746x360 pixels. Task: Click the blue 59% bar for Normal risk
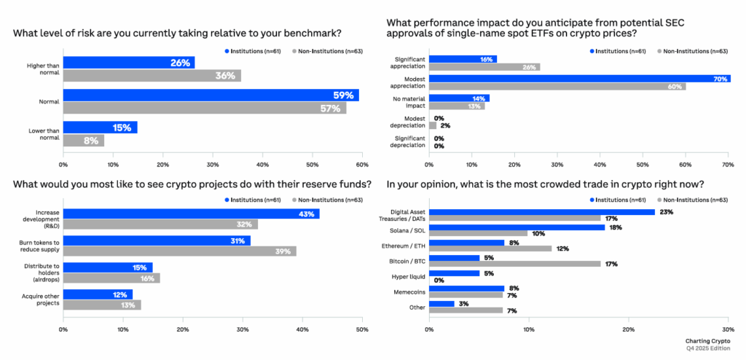(211, 95)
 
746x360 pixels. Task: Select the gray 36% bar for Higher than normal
(152, 76)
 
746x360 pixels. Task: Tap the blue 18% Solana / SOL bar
(517, 227)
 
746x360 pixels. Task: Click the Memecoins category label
(409, 291)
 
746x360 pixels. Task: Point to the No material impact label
(409, 102)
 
